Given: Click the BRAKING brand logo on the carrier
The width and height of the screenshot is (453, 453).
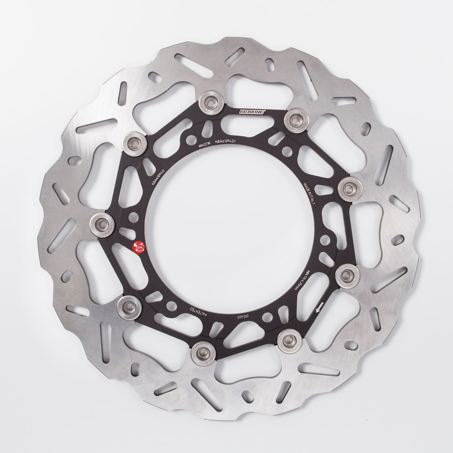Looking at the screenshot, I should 251,111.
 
